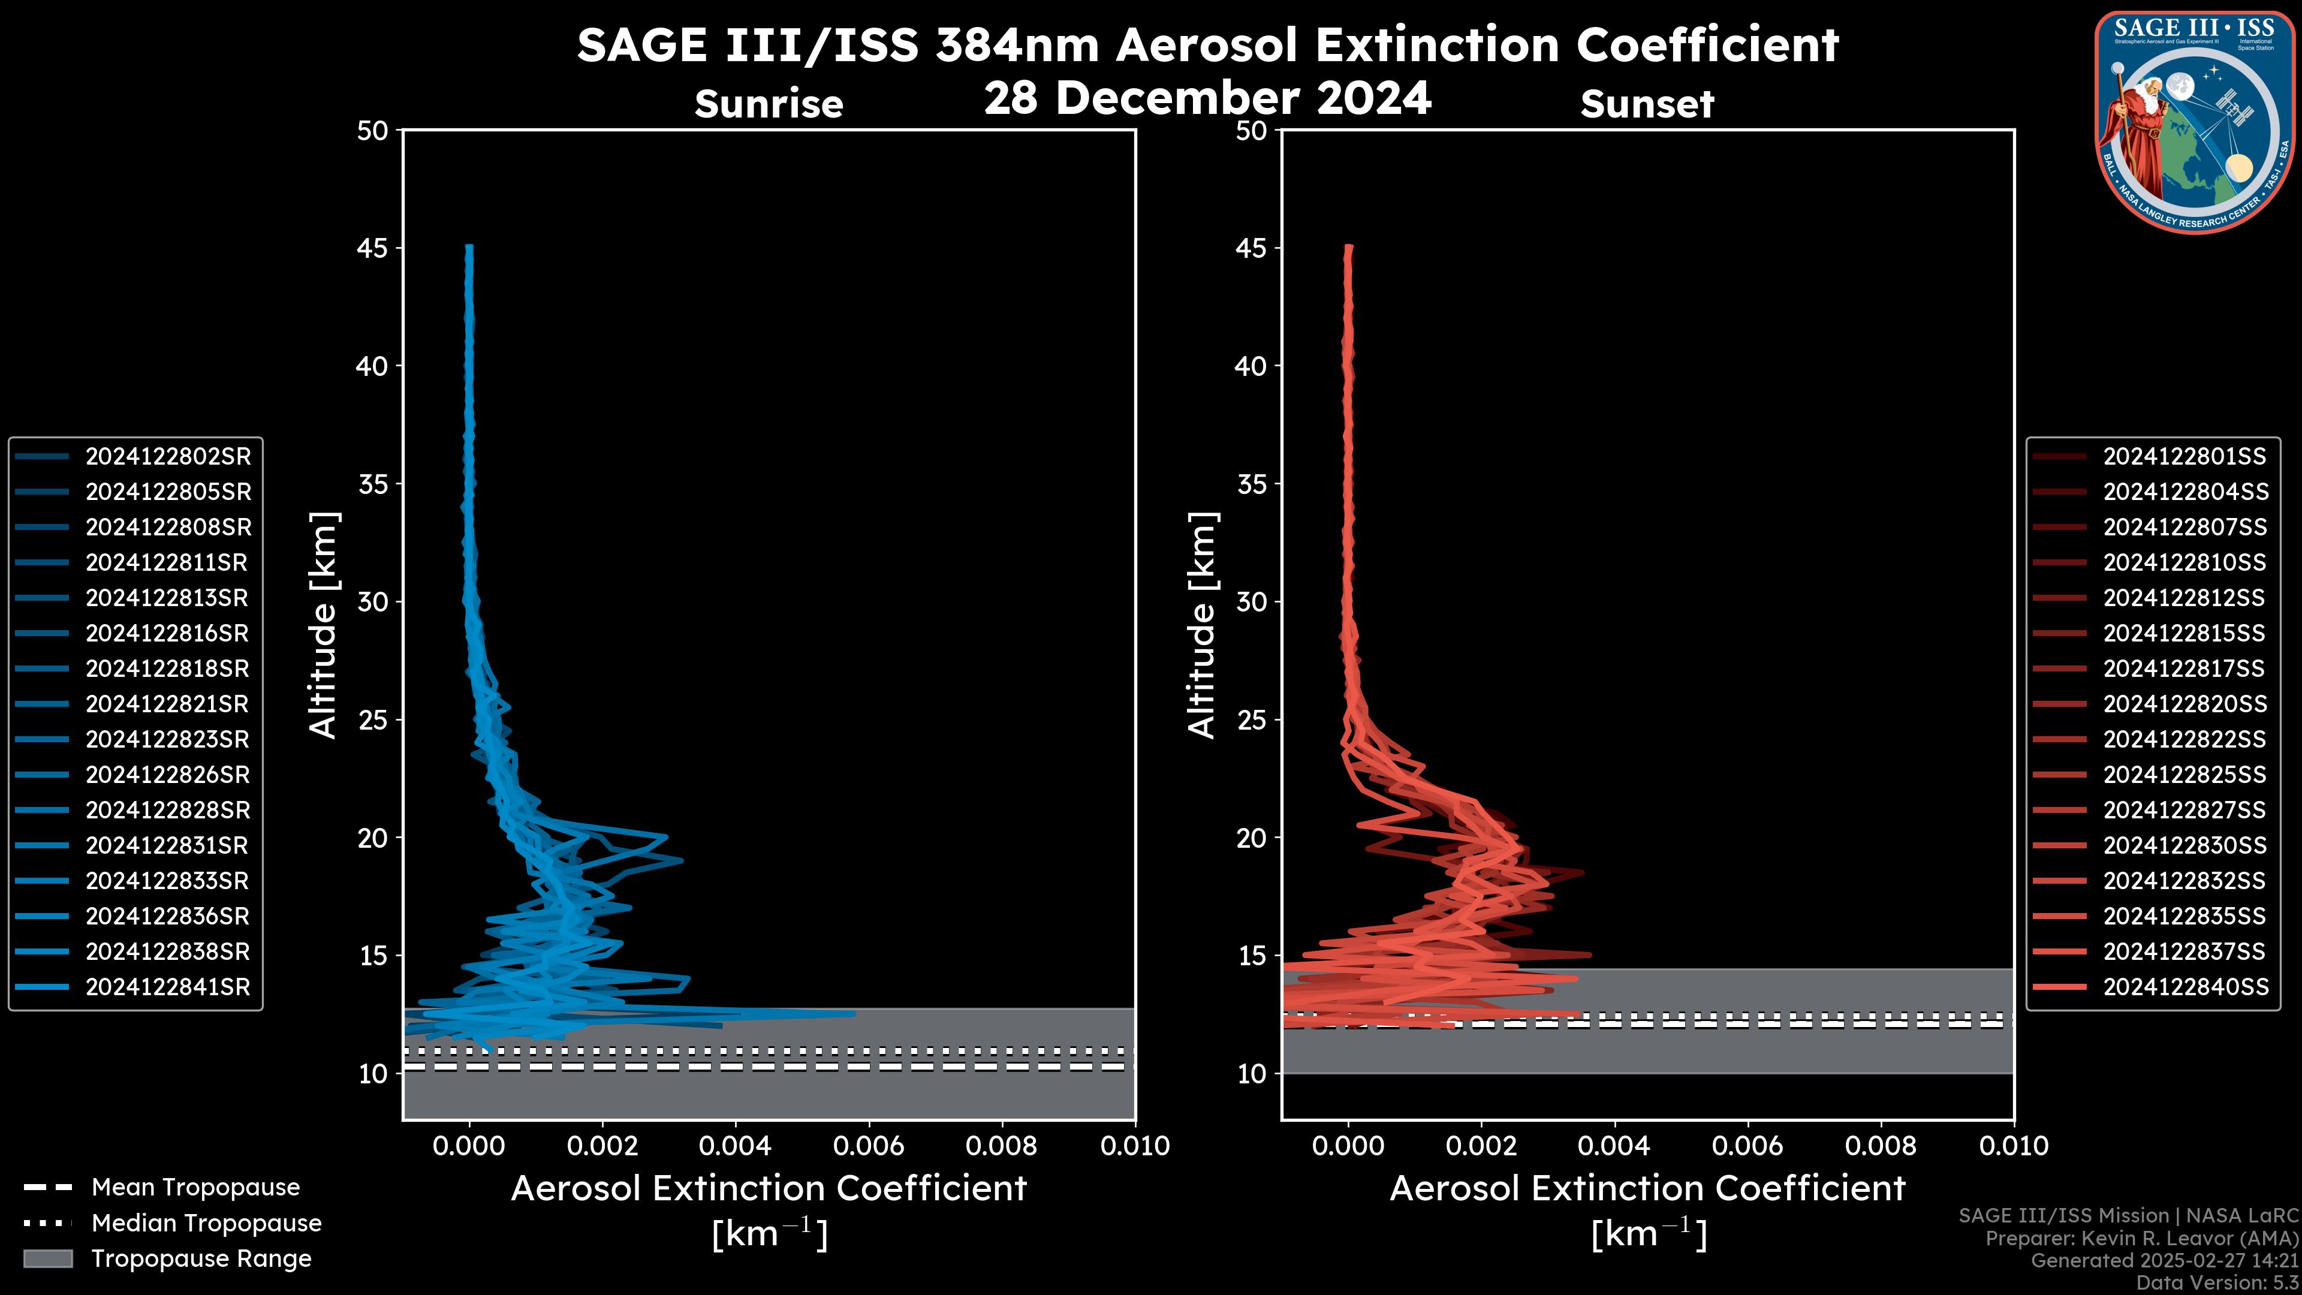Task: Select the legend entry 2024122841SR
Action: (168, 987)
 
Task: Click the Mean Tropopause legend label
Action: (195, 1188)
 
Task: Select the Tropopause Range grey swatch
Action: (47, 1258)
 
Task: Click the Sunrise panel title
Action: (769, 104)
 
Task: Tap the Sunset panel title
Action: (1647, 104)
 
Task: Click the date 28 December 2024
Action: (1207, 97)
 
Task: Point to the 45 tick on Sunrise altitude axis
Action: (373, 248)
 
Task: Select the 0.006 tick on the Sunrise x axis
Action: (869, 1146)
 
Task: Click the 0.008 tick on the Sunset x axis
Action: (1881, 1146)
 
